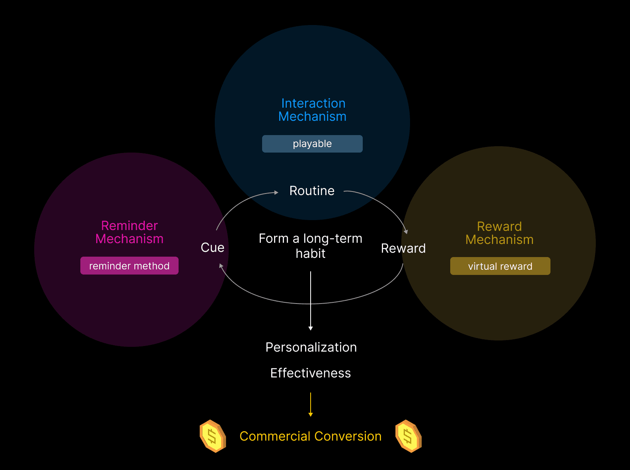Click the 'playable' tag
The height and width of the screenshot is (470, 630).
point(312,144)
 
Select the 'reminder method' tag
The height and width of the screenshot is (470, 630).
point(129,266)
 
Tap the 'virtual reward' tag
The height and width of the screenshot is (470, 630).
point(500,266)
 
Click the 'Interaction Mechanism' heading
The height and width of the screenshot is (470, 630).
point(313,110)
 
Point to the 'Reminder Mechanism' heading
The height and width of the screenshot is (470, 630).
point(129,232)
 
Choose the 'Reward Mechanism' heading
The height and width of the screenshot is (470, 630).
point(500,233)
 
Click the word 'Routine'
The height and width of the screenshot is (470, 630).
point(312,191)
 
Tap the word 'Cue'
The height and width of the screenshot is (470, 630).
point(212,248)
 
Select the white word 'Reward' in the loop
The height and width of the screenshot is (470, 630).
point(403,248)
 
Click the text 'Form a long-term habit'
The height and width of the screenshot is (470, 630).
point(311,246)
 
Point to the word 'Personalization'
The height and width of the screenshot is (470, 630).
point(311,347)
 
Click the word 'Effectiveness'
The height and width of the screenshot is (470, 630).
point(311,373)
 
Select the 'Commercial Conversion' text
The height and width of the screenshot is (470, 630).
point(311,436)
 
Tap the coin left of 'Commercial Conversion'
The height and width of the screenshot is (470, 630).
point(212,436)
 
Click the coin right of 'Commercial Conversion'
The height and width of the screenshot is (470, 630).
point(408,436)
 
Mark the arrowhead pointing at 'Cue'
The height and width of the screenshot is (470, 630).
point(221,266)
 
